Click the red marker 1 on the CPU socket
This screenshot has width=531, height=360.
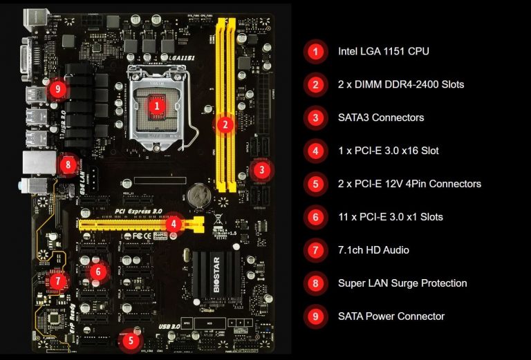pos(157,106)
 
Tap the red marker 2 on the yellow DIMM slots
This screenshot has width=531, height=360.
pos(224,125)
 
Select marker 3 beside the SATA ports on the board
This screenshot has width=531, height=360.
pos(260,169)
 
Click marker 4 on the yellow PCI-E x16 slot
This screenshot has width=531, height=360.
pos(175,223)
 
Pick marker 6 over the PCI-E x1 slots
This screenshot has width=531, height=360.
pos(98,272)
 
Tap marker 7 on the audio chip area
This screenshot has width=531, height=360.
pos(58,281)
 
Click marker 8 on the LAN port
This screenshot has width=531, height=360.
pos(67,165)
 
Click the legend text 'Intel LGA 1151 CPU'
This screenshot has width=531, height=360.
pos(383,51)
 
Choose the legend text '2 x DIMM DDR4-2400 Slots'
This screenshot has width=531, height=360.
pos(400,84)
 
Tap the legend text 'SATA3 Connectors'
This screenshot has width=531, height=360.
pos(381,117)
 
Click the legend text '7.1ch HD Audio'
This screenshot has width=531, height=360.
pos(373,250)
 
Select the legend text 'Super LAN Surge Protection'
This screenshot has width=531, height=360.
pos(402,283)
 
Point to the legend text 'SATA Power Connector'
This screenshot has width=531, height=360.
pos(391,316)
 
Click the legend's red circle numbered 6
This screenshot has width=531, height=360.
pos(315,217)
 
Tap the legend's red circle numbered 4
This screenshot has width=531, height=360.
pos(315,151)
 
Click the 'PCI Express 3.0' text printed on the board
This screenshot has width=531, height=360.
pos(138,210)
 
